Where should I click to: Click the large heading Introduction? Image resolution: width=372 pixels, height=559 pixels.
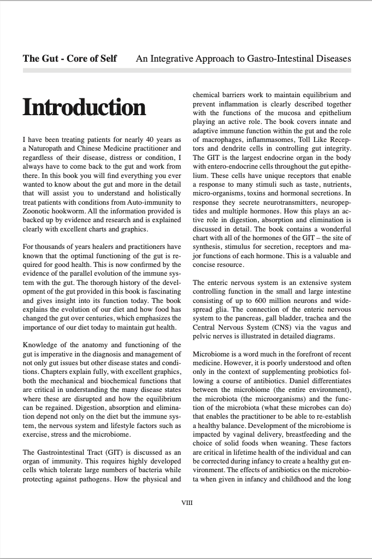[x=84, y=108]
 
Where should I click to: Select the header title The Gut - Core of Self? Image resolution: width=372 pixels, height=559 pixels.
[x=69, y=58]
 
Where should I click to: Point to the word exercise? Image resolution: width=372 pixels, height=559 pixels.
[x=38, y=435]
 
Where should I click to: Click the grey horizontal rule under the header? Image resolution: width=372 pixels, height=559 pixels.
[x=186, y=70]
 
